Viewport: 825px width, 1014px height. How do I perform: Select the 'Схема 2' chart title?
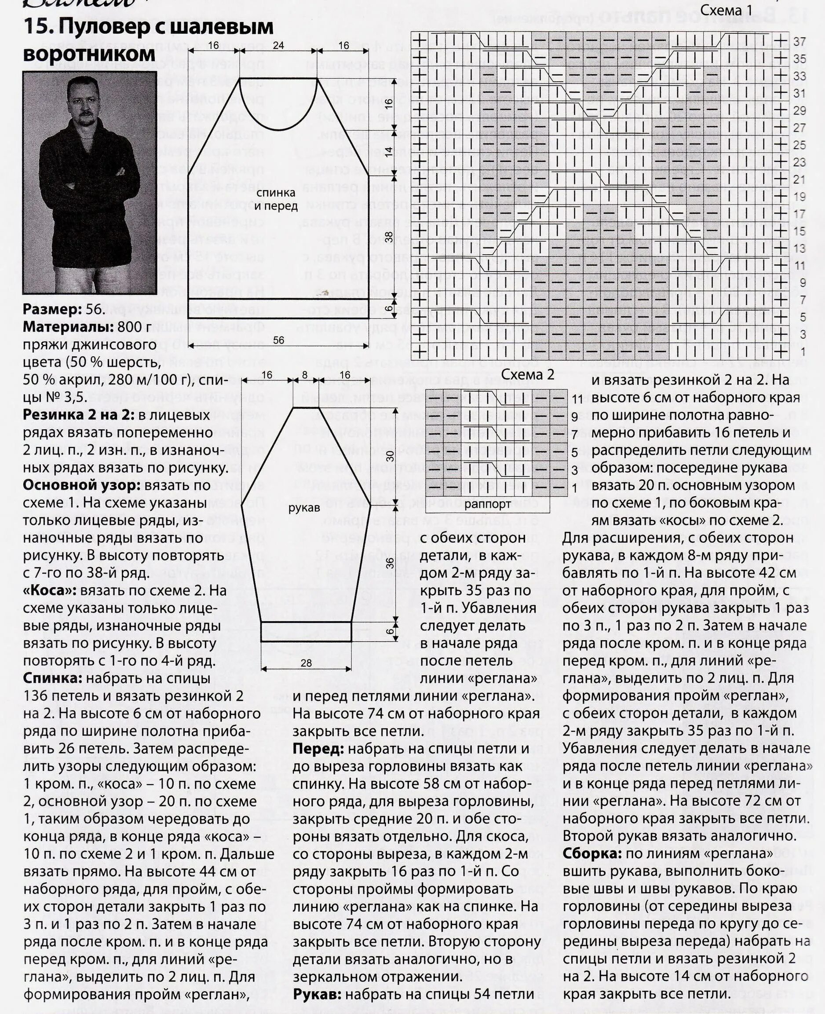point(528,375)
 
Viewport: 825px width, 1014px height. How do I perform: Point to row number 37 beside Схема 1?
point(800,42)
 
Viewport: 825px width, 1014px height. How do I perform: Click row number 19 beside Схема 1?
point(800,197)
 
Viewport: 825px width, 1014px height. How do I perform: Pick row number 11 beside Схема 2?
point(578,399)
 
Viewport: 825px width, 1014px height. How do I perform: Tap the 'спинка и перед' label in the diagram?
point(276,199)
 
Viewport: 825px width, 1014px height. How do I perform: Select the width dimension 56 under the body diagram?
point(278,340)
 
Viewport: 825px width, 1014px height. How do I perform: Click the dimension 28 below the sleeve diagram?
point(306,663)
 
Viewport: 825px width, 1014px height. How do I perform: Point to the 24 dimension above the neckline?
point(278,46)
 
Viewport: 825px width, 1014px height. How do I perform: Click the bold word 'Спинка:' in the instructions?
point(52,678)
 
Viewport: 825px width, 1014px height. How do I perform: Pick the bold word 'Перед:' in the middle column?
point(318,749)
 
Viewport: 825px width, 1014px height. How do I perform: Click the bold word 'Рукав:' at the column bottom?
point(317,994)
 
